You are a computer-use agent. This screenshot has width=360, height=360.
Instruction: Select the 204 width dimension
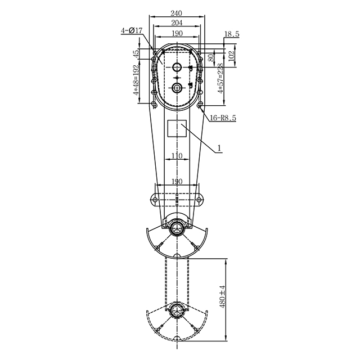178,24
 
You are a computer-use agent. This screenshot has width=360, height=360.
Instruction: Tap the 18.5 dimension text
232,34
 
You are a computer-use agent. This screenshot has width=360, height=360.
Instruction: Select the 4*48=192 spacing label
136,84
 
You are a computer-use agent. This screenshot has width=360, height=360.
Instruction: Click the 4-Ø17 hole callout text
130,31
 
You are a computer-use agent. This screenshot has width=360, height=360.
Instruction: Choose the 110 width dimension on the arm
177,156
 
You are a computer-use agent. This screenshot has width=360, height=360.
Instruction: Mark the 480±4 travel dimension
223,297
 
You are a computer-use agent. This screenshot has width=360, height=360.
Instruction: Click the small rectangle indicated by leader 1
178,129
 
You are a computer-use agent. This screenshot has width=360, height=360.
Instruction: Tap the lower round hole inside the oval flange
178,88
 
